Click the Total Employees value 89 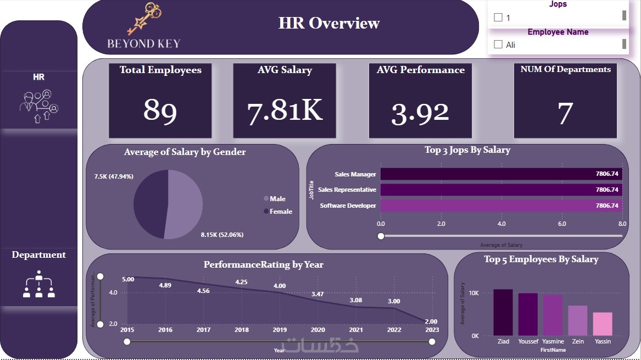tap(160, 110)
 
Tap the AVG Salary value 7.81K tap(285, 110)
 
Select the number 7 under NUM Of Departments tap(565, 112)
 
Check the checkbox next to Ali tap(498, 45)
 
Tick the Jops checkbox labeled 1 tap(498, 17)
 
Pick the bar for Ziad tap(503, 312)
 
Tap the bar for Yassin tap(603, 324)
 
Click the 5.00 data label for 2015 tap(128, 279)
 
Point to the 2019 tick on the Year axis tap(280, 330)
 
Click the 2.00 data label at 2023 tap(431, 322)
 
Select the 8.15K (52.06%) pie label tap(222, 235)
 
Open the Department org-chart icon tap(39, 284)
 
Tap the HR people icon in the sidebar tap(39, 106)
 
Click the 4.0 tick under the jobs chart tap(501, 224)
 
